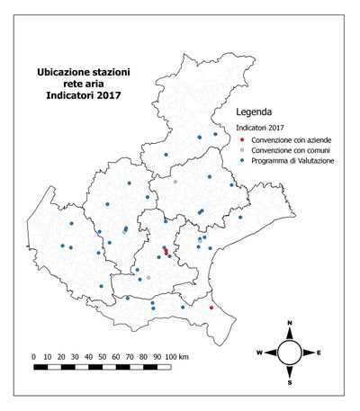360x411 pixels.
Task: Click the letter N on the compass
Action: [x=289, y=323]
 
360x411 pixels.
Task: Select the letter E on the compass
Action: [x=319, y=353]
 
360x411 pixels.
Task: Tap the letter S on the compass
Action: [x=289, y=382]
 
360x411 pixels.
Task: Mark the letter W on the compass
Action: [x=259, y=353]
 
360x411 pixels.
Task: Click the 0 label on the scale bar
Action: [x=34, y=356]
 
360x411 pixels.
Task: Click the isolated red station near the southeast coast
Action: [x=211, y=308]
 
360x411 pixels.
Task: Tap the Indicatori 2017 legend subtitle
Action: [x=261, y=130]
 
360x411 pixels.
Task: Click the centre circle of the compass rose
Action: [x=289, y=352]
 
